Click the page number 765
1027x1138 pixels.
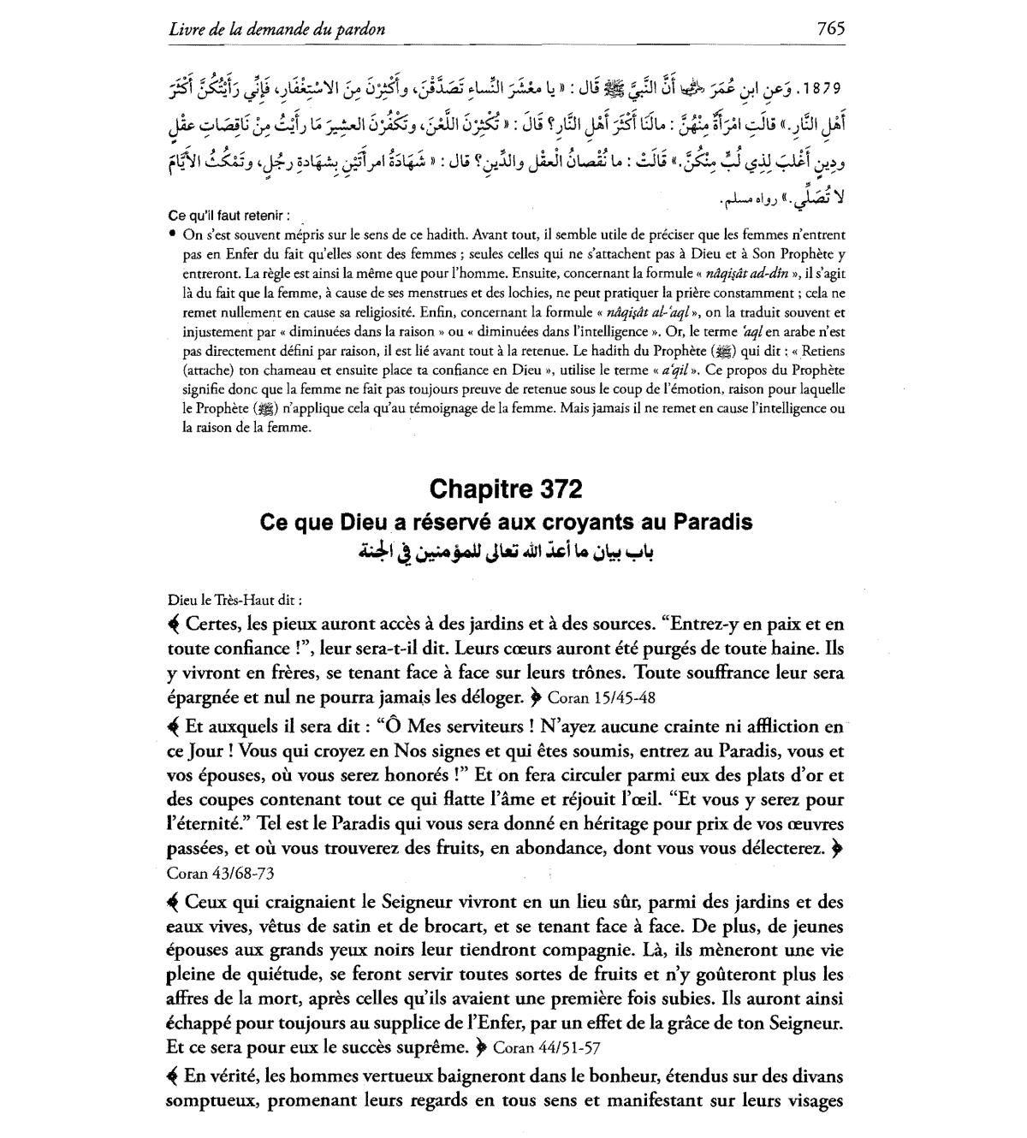830,28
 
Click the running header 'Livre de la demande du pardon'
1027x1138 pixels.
276,29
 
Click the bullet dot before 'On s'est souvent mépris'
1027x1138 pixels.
173,234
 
